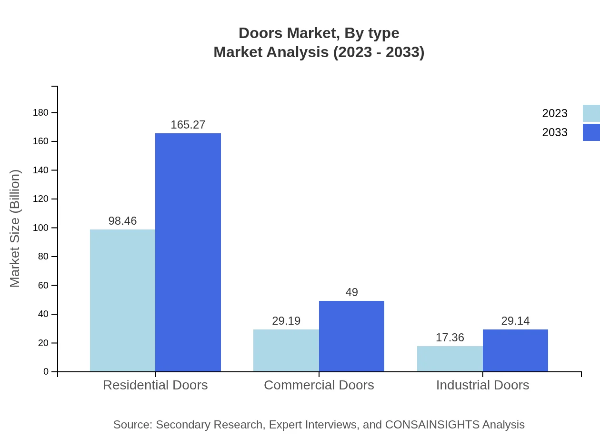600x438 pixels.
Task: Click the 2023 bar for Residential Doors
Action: [x=122, y=300]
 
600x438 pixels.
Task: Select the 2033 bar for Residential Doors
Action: [x=188, y=252]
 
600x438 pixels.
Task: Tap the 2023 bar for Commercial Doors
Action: [x=286, y=350]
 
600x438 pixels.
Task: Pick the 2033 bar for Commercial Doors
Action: [x=351, y=336]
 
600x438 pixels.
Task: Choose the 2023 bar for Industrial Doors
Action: [x=450, y=358]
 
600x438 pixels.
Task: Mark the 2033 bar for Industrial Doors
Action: [x=515, y=350]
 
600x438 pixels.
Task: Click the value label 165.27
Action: [x=188, y=125]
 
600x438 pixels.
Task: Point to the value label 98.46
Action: [x=122, y=221]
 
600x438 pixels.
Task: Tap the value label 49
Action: [x=351, y=292]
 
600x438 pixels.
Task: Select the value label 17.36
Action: [x=450, y=338]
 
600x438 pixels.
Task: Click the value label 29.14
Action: [x=515, y=321]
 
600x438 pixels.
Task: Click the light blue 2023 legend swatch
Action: [x=591, y=113]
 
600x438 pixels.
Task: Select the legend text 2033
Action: [x=555, y=132]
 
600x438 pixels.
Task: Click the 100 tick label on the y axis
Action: [x=40, y=228]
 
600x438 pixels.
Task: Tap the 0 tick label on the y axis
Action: [x=46, y=372]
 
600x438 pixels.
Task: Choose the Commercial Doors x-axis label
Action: [x=319, y=385]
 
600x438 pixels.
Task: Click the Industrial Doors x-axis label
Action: [x=482, y=385]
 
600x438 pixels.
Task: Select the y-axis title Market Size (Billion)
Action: [x=15, y=229]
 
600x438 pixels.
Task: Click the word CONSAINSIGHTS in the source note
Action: [x=432, y=425]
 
